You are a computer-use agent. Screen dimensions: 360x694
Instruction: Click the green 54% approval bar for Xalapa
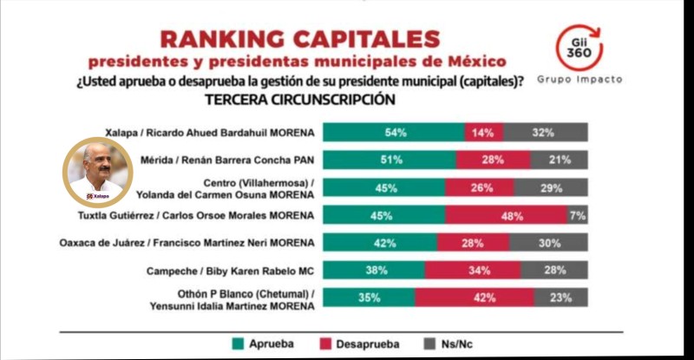(395, 133)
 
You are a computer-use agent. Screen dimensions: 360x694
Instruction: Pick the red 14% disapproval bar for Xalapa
(484, 133)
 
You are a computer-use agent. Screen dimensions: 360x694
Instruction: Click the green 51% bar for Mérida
(390, 160)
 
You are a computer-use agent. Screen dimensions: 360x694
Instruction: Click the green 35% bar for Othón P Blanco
(369, 297)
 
